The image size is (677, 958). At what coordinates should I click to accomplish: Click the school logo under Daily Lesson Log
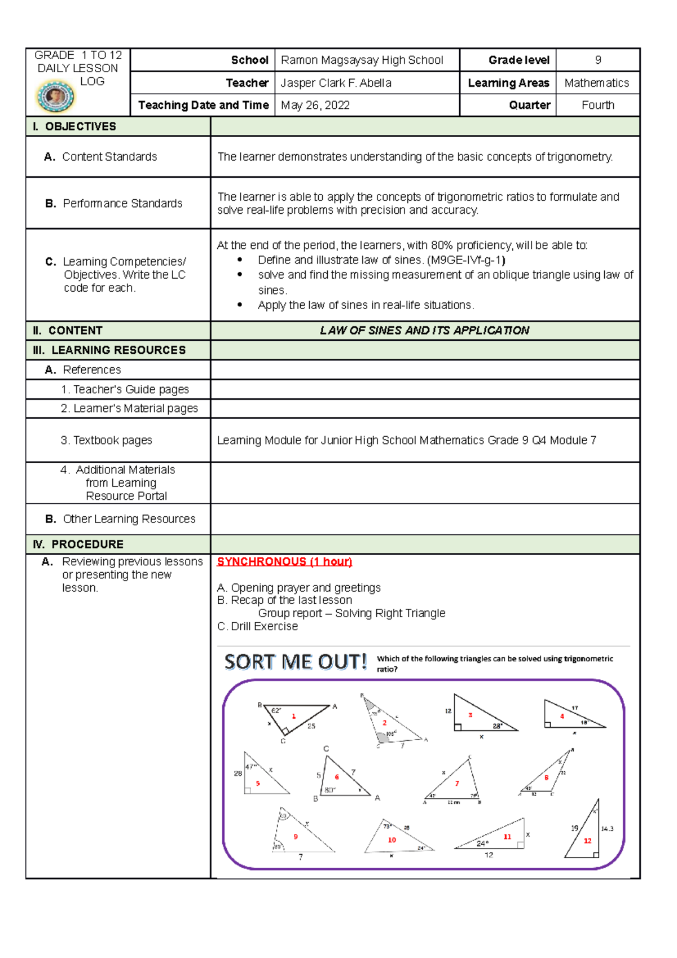click(55, 96)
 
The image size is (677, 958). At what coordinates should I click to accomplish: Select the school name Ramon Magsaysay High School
click(362, 60)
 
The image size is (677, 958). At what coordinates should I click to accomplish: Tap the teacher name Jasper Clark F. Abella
click(336, 83)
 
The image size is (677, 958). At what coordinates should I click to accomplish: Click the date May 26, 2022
click(315, 106)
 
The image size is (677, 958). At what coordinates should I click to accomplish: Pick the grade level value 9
click(597, 60)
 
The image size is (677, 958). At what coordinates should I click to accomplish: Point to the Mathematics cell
click(596, 83)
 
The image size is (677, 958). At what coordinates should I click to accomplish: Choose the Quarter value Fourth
click(597, 106)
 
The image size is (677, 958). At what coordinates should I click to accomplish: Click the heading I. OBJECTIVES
click(74, 126)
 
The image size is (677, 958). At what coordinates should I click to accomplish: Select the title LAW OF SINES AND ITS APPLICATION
click(424, 331)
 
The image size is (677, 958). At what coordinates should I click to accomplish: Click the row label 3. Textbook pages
click(107, 440)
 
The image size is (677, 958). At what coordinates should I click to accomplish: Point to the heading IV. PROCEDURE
click(78, 544)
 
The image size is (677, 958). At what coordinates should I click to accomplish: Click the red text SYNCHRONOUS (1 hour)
click(284, 561)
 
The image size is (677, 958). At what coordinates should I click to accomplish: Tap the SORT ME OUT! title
click(296, 662)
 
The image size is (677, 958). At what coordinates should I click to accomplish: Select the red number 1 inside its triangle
click(293, 716)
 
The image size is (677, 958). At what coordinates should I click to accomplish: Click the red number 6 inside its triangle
click(337, 777)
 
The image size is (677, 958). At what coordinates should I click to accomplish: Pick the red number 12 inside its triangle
click(587, 841)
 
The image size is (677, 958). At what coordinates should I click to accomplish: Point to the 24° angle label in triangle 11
click(482, 843)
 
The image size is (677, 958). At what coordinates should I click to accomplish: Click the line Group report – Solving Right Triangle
click(351, 613)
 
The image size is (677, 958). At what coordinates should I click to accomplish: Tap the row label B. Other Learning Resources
click(120, 519)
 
